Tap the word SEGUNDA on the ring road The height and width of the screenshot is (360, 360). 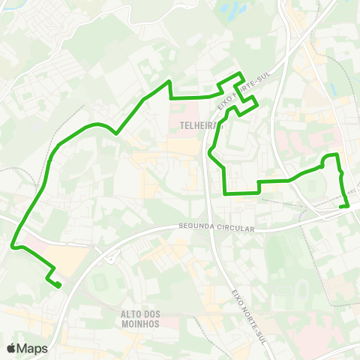click(196, 226)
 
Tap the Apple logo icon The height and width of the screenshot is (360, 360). click(10, 347)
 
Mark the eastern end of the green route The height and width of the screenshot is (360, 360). click(347, 205)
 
